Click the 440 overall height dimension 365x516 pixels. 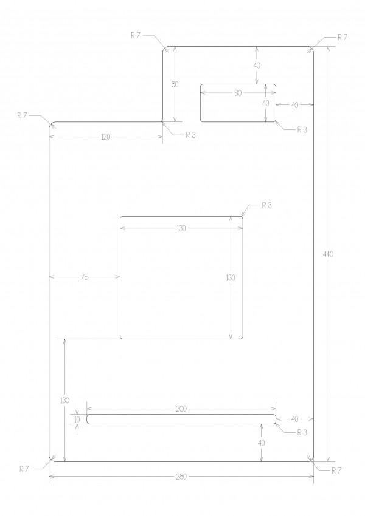tap(328, 254)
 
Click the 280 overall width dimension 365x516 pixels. tap(181, 476)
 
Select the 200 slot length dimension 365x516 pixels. tap(181, 409)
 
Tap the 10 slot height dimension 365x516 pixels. tap(77, 419)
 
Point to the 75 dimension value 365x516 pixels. tap(85, 277)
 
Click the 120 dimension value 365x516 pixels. tap(105, 137)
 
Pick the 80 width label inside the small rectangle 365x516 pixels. tap(238, 93)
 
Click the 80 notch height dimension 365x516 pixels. tap(175, 84)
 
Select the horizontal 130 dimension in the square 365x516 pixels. tap(181, 228)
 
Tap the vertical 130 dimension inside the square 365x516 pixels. tap(231, 277)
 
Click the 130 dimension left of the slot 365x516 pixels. tap(65, 401)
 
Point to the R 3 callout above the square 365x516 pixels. tap(266, 205)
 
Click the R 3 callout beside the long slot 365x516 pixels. tap(302, 432)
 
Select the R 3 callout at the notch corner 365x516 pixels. tap(190, 135)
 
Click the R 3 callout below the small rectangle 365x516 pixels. tap(302, 130)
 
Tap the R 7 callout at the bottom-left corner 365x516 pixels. tap(24, 469)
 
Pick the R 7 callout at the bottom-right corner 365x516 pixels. tap(336, 470)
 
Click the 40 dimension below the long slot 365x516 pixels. tap(261, 443)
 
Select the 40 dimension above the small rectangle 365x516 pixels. tap(257, 65)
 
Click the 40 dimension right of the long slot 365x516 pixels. tap(295, 419)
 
